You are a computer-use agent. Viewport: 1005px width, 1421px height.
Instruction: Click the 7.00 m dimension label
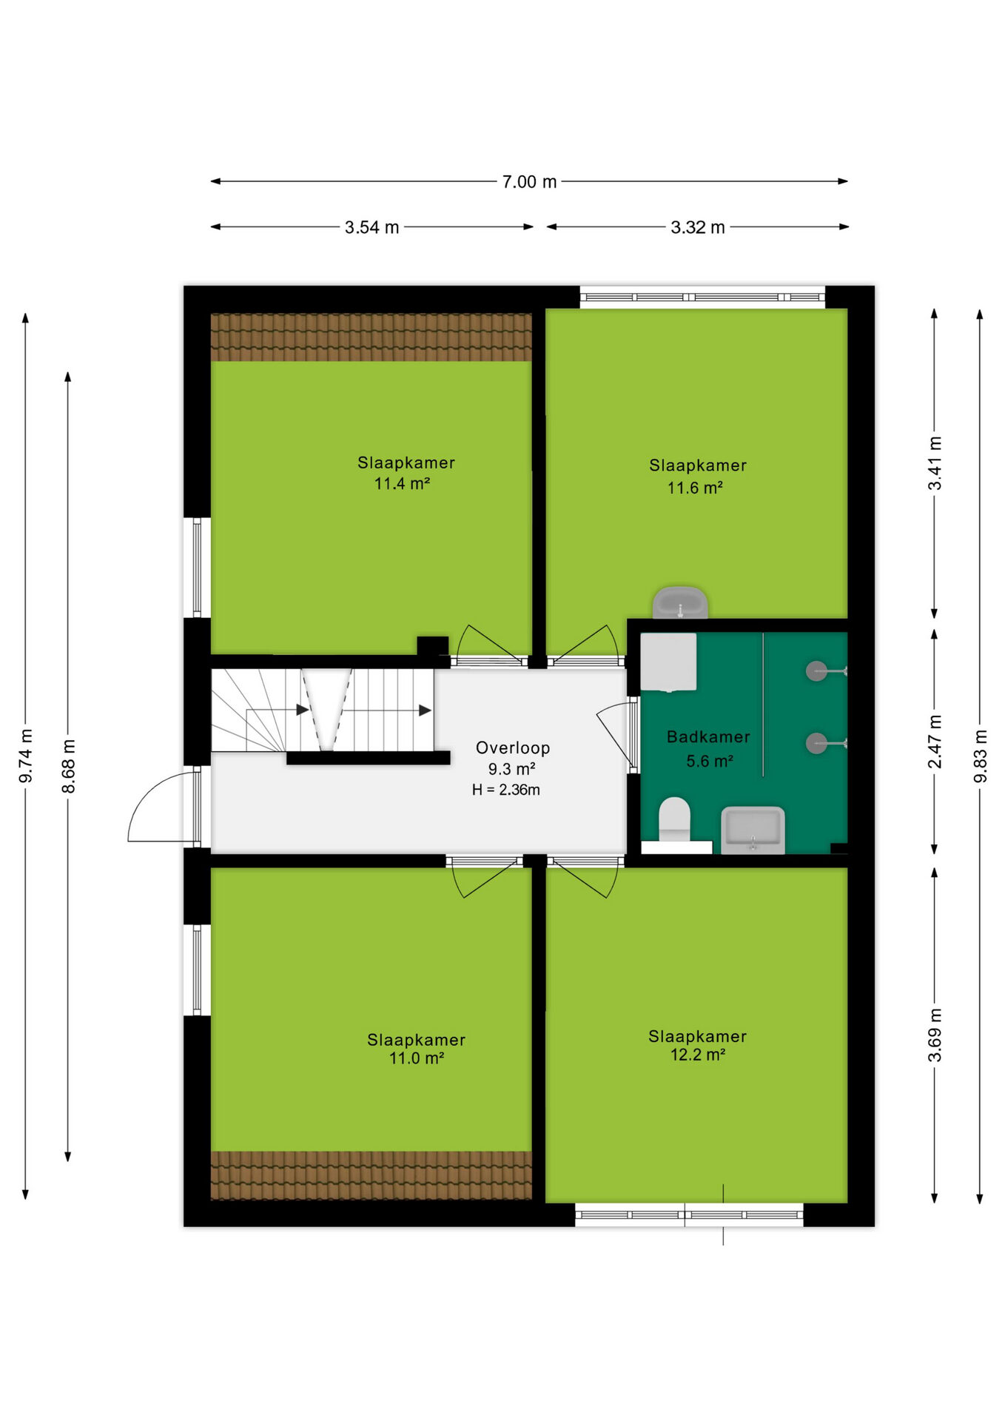529,182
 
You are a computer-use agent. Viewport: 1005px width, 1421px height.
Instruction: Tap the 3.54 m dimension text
372,228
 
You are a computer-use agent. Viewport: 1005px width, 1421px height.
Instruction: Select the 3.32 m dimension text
698,228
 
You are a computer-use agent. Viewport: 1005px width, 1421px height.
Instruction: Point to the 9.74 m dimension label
26,756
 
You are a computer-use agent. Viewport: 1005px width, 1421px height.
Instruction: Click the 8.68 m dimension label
68,766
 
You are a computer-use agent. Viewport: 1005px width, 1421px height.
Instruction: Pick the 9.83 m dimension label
981,756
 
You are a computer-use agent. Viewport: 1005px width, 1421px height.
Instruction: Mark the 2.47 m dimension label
935,742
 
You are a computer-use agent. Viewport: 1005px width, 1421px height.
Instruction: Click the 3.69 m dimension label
935,1035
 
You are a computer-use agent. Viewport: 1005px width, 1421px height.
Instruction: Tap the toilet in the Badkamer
674,821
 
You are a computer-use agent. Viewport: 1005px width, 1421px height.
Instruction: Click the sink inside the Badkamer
753,830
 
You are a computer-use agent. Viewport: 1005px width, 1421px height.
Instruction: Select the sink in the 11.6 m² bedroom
680,603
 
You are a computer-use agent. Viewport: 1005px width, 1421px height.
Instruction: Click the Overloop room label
513,748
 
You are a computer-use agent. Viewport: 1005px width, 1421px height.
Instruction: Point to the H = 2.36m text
506,790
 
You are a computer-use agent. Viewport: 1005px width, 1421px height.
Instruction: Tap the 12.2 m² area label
697,1055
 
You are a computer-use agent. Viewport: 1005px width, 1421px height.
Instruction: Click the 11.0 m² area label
417,1059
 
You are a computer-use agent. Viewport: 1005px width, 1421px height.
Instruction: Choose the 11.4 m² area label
402,484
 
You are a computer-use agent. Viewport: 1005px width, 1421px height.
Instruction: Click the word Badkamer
708,737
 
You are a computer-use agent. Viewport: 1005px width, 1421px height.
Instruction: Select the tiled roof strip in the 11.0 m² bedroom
372,1175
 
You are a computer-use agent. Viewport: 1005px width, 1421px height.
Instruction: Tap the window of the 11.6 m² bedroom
702,297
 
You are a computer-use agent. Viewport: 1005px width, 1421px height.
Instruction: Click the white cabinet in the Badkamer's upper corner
668,662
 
